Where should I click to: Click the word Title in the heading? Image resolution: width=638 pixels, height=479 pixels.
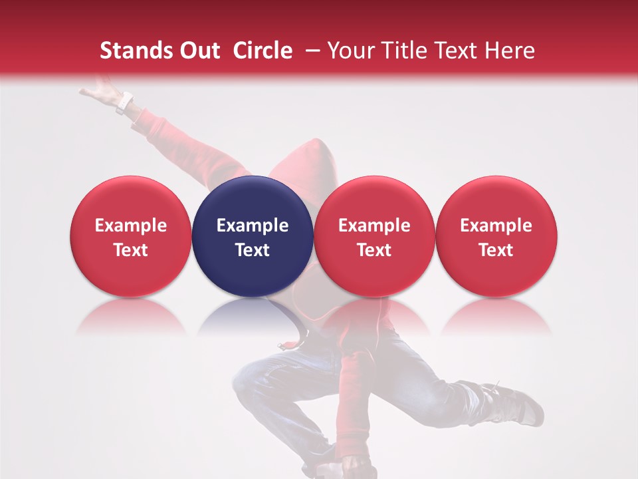(x=405, y=51)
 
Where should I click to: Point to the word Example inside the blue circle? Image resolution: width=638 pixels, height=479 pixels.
(x=253, y=226)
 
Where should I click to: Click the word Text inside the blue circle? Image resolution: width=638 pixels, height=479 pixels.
(x=253, y=250)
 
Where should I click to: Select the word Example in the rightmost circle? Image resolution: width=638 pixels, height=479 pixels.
(x=496, y=226)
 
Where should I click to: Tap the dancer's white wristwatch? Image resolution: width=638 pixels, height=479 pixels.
(x=124, y=103)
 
